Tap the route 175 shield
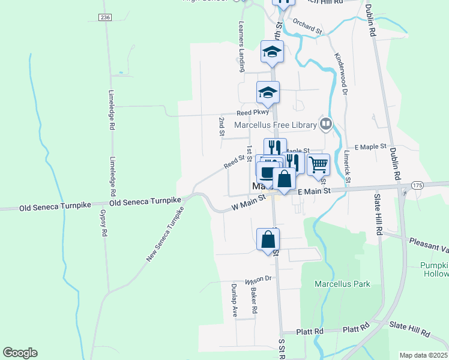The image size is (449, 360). pyautogui.click(x=417, y=186)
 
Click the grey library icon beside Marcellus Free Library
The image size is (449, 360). pyautogui.click(x=325, y=124)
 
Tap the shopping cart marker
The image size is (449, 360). pyautogui.click(x=319, y=164)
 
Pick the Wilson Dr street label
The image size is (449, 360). pyautogui.click(x=258, y=279)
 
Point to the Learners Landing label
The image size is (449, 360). pyautogui.click(x=241, y=44)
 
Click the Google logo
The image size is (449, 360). pyautogui.click(x=20, y=353)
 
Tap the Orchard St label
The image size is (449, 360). pyautogui.click(x=307, y=25)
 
